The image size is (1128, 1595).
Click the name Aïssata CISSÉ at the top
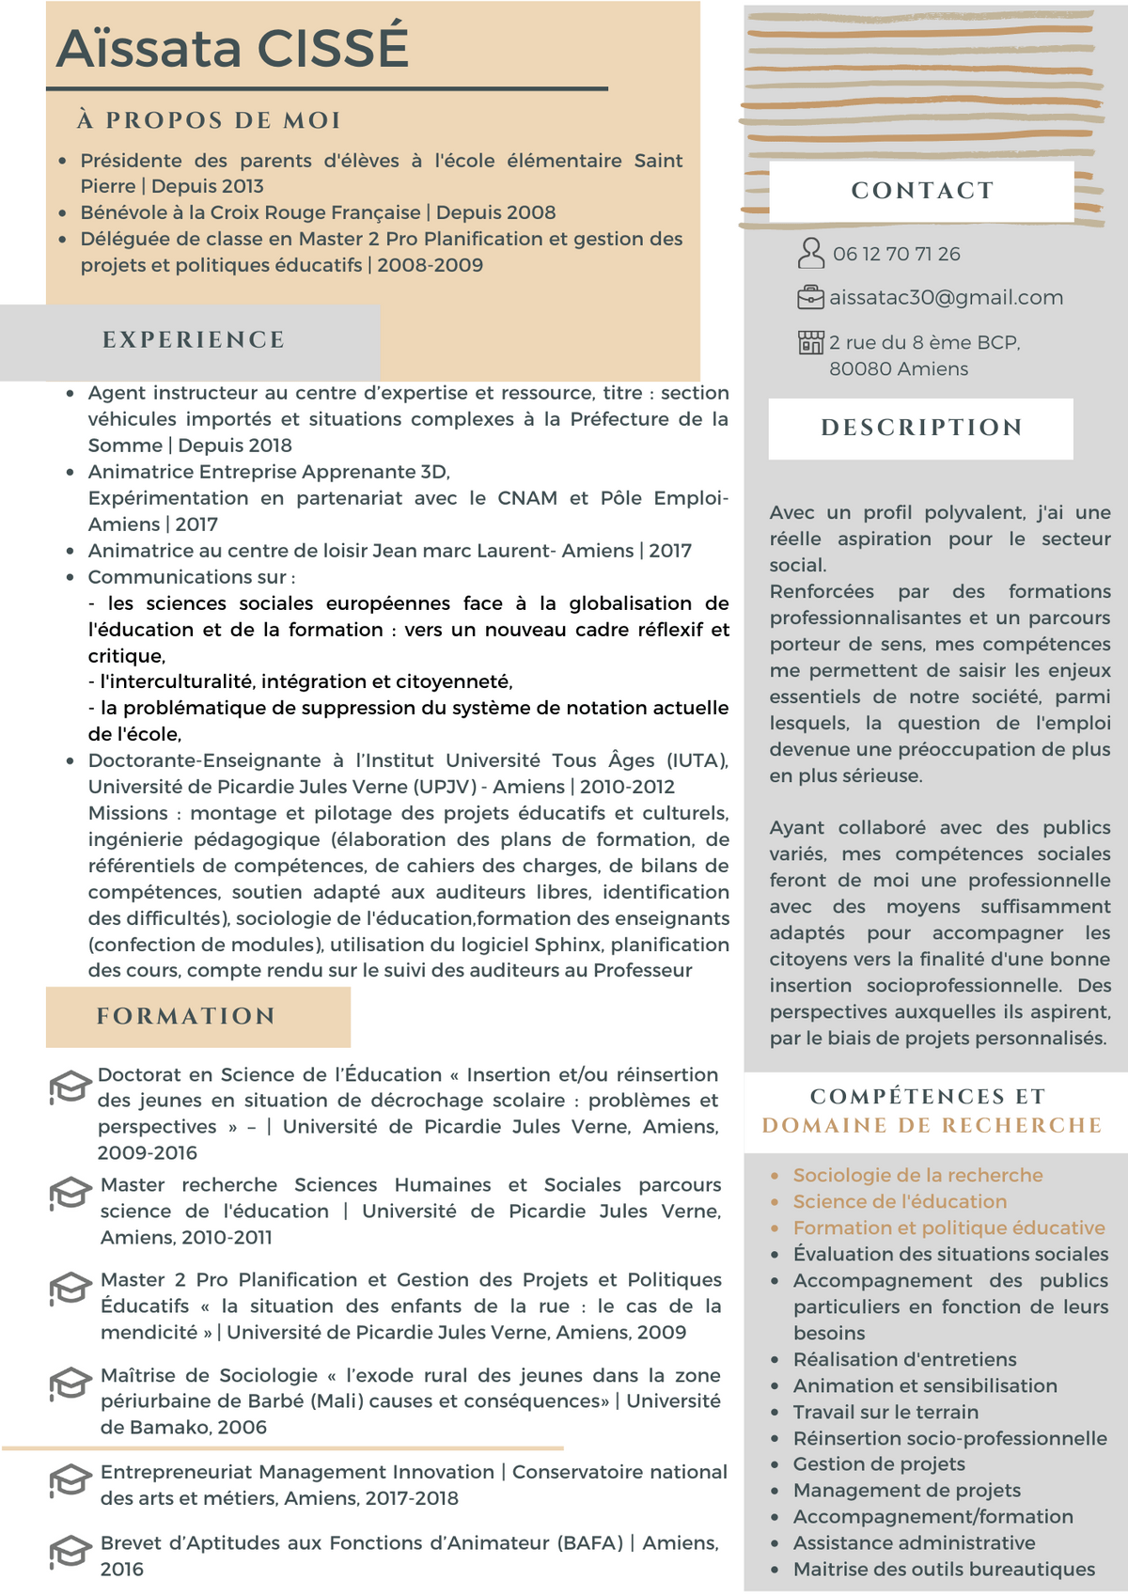(232, 48)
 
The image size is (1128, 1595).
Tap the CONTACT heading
(921, 191)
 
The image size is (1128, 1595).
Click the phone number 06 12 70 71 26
(896, 254)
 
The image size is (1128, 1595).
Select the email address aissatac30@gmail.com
(946, 298)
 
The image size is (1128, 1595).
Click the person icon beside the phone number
(810, 253)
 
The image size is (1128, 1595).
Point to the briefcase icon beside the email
(809, 298)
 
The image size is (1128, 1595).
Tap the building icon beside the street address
(810, 342)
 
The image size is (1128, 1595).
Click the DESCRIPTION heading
(921, 428)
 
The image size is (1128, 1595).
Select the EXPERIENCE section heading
(194, 340)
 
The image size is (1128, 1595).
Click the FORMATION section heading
(186, 1016)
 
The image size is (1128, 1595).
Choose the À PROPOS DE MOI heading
(209, 120)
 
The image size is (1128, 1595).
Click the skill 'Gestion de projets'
(879, 1463)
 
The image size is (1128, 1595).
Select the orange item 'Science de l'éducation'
(900, 1201)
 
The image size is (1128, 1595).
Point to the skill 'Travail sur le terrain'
(885, 1412)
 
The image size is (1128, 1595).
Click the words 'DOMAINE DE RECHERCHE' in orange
(932, 1125)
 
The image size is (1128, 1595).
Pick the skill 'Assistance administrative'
(914, 1542)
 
